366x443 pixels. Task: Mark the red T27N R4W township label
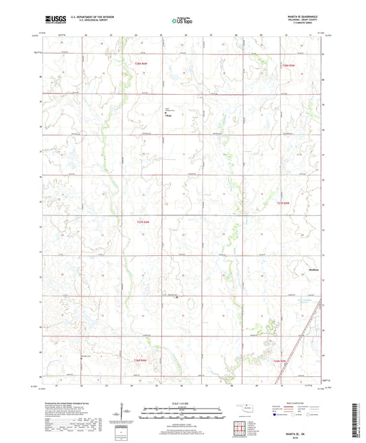pos(142,221)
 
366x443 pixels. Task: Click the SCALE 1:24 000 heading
pos(182,402)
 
